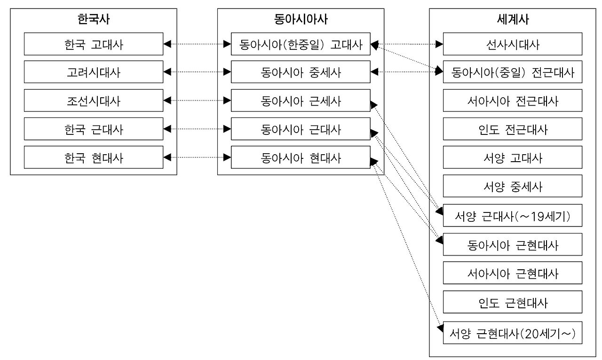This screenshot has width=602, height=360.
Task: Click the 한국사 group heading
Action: (94, 19)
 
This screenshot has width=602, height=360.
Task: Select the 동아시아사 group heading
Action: (301, 19)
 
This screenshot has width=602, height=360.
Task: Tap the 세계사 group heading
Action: (513, 19)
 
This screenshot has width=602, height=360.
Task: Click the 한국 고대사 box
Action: (94, 44)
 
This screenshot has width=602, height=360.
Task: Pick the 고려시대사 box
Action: (94, 72)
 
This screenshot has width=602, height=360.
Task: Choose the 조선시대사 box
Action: (94, 101)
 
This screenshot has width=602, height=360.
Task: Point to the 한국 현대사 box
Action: (94, 157)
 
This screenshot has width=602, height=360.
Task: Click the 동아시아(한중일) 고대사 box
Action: (301, 44)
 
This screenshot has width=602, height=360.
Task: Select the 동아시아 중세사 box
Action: (301, 72)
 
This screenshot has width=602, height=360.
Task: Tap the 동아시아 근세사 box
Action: (301, 101)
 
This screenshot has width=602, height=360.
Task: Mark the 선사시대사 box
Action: (513, 44)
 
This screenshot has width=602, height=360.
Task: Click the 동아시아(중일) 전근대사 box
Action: (513, 72)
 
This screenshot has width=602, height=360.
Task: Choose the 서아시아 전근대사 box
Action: (513, 101)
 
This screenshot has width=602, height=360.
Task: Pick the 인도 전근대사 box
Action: (513, 129)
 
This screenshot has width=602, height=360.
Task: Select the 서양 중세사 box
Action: (513, 186)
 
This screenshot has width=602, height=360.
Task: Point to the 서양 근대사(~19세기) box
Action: (513, 216)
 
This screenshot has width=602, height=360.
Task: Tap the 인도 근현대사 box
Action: (513, 302)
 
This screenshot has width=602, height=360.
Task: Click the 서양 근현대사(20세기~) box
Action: (513, 332)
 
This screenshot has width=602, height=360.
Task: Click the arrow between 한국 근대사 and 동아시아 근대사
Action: (197, 129)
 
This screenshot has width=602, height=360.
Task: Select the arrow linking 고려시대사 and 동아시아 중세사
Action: (197, 72)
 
